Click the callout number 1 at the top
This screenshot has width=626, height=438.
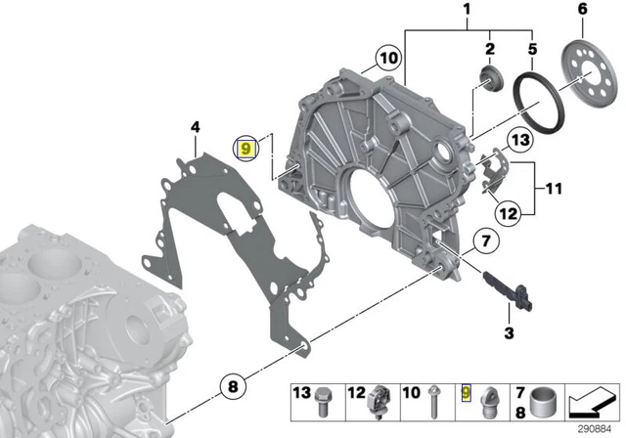point(467,9)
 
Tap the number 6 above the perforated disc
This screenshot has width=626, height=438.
point(583,9)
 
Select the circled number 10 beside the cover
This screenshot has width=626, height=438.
point(388,59)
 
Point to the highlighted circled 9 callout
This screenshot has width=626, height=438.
point(246,149)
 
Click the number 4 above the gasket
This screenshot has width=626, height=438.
point(195,127)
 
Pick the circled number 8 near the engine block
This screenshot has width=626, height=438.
point(233,386)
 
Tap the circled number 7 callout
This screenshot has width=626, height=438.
point(486,241)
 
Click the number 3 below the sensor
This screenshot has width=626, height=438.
point(509,332)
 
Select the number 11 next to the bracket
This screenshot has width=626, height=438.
point(554,189)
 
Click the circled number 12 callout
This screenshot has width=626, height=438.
point(508,214)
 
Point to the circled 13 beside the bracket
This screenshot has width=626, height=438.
point(520,140)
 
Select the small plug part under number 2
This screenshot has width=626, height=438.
point(491,79)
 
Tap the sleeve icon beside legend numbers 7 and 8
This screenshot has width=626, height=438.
point(545,403)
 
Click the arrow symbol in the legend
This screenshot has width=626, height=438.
point(592,402)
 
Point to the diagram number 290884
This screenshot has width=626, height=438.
point(595,429)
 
